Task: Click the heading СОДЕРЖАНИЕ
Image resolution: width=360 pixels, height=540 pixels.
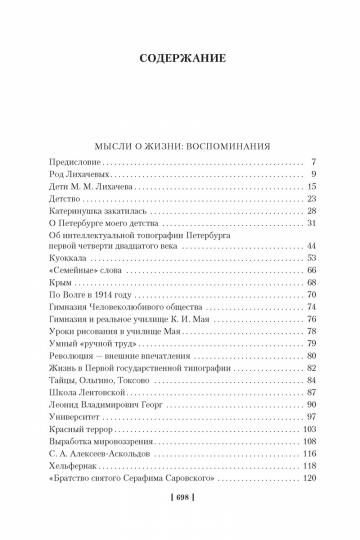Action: pyautogui.click(x=180, y=57)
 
